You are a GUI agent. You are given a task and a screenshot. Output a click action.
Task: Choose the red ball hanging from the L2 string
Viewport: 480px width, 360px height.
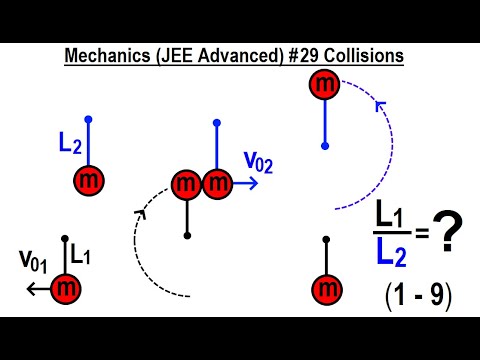[x=89, y=181]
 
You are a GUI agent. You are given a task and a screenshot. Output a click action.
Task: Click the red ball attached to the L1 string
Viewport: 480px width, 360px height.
[x=67, y=288]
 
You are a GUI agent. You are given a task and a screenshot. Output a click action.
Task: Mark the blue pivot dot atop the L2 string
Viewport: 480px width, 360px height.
[x=89, y=118]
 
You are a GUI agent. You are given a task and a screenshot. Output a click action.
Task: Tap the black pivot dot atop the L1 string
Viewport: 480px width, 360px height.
[x=66, y=238]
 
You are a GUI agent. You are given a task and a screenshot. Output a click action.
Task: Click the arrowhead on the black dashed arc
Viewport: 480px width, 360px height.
[x=140, y=212]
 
